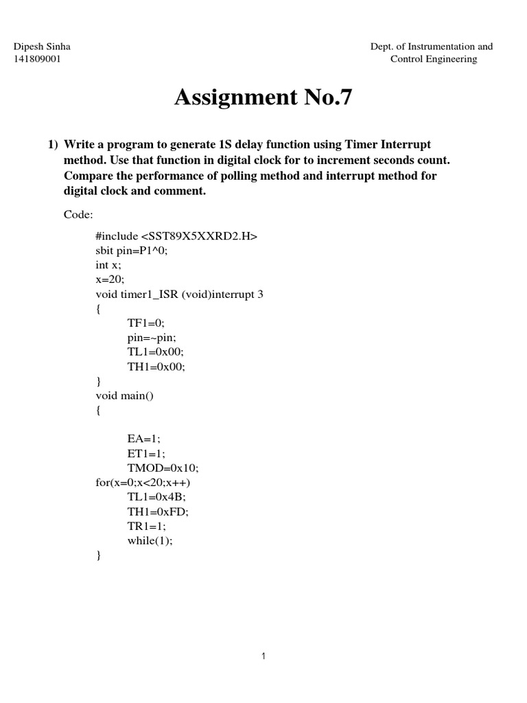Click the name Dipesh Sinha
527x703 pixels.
click(43, 47)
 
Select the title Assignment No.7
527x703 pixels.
click(263, 97)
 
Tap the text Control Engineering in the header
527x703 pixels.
click(433, 59)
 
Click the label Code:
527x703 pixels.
click(78, 214)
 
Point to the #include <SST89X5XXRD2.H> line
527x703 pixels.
click(176, 236)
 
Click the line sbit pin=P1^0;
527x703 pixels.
click(131, 251)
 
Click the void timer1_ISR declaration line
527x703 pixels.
click(179, 294)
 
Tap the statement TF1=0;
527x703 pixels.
click(146, 323)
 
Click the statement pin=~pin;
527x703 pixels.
click(152, 337)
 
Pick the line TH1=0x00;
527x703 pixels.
click(156, 366)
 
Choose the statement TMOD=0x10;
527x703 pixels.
click(163, 468)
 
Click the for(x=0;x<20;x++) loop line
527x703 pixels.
click(143, 482)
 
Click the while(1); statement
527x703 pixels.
click(150, 540)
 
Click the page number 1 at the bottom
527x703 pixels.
click(263, 656)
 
